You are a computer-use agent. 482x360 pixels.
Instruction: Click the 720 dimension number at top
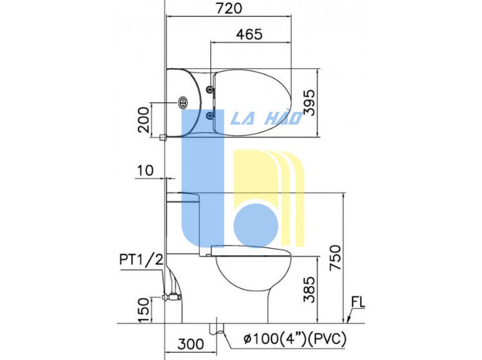[229, 8]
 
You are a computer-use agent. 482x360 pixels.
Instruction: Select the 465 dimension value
[249, 35]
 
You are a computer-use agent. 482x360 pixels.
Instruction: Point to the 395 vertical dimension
[309, 102]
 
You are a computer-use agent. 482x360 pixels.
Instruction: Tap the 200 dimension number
[143, 120]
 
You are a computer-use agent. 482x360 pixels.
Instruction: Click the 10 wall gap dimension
[145, 170]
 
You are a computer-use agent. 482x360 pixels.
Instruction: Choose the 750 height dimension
[335, 258]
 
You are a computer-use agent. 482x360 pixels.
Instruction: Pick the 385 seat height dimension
[309, 289]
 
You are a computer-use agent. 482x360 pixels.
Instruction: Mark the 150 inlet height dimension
[143, 310]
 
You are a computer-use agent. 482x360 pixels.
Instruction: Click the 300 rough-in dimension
[191, 344]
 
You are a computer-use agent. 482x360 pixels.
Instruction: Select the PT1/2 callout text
[141, 260]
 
